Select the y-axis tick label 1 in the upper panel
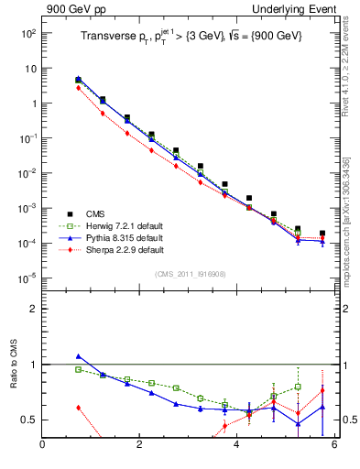pyautogui.click(x=33, y=104)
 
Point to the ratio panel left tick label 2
pyautogui.click(x=33, y=309)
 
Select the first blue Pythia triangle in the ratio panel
pyautogui.click(x=79, y=356)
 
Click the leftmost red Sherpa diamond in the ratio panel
pyautogui.click(x=79, y=407)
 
